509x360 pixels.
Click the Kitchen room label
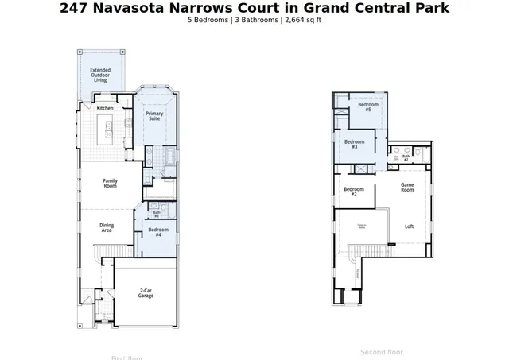pyautogui.click(x=105, y=108)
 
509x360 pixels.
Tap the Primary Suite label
pyautogui.click(x=155, y=117)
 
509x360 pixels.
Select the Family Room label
pyautogui.click(x=111, y=184)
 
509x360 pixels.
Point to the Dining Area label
pyautogui.click(x=107, y=227)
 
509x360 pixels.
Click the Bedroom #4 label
pyautogui.click(x=157, y=232)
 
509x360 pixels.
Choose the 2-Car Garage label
pyautogui.click(x=146, y=294)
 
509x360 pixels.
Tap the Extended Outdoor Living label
pyautogui.click(x=100, y=75)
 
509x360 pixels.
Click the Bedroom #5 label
pyautogui.click(x=367, y=107)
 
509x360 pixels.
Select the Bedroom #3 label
pyautogui.click(x=353, y=145)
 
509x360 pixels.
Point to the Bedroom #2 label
pyautogui.click(x=354, y=192)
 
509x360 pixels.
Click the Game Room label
pyautogui.click(x=407, y=188)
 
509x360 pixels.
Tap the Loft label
pyautogui.click(x=409, y=226)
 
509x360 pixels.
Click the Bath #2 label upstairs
pyautogui.click(x=406, y=157)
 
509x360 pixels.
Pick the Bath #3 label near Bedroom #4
pyautogui.click(x=157, y=214)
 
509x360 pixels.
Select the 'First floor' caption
pyautogui.click(x=127, y=357)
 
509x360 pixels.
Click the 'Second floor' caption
pyautogui.click(x=382, y=352)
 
